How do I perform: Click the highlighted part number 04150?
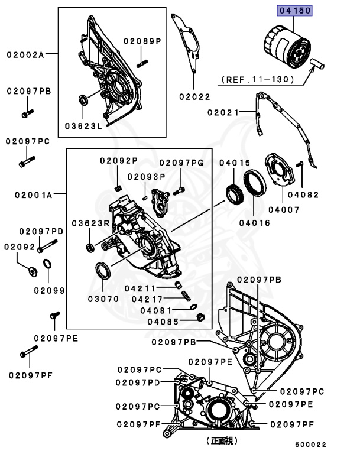295,11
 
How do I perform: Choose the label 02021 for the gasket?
223,111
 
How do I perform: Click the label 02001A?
29,193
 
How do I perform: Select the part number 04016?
255,223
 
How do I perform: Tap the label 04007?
286,210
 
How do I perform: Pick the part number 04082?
303,194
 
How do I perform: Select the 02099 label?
49,290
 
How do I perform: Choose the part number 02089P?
142,41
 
